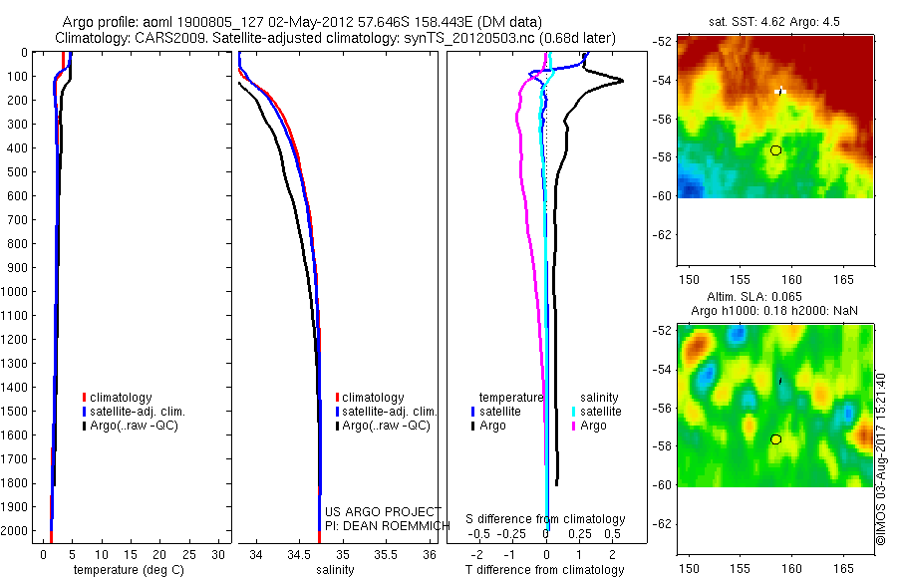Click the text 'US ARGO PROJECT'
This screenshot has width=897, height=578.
(384, 511)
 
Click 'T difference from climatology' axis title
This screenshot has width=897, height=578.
(545, 570)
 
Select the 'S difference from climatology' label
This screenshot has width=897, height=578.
(546, 519)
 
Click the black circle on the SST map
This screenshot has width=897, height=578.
(775, 150)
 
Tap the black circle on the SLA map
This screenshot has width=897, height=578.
(775, 438)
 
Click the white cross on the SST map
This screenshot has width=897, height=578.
(780, 91)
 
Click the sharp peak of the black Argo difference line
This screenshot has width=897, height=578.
(623, 81)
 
